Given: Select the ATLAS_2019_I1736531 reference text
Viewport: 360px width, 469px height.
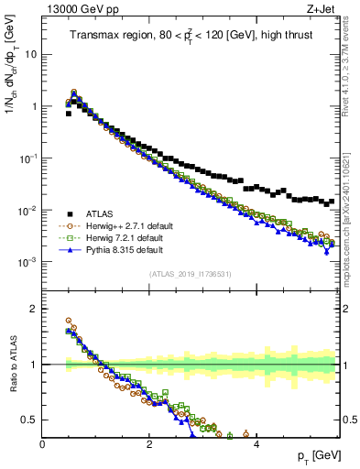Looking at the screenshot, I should (x=190, y=275).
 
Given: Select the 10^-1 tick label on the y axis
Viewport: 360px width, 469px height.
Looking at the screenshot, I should (x=28, y=158).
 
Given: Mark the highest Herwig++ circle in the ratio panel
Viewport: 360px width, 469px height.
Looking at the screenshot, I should (x=69, y=321).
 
